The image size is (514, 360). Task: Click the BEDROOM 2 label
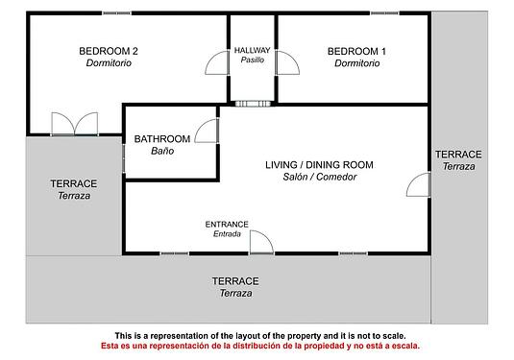(x=109, y=51)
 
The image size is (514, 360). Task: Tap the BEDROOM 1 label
(x=356, y=51)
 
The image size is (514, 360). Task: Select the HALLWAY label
(x=252, y=50)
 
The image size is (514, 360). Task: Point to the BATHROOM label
(x=162, y=139)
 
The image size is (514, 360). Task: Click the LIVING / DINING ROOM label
(x=319, y=165)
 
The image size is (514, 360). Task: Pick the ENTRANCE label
(x=227, y=225)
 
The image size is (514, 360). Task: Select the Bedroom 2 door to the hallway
(x=217, y=62)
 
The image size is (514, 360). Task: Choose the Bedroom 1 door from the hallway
(x=287, y=62)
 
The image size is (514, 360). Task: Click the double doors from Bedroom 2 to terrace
(x=75, y=124)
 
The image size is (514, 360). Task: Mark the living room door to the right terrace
(x=418, y=184)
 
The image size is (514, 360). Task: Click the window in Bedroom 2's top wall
(x=117, y=13)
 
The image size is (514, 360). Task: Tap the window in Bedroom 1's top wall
(x=385, y=13)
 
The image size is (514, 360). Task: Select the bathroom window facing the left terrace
(x=124, y=158)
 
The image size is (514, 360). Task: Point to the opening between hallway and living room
(x=253, y=104)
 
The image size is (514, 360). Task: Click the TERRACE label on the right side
(x=458, y=155)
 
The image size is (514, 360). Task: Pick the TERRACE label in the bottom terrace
(x=235, y=281)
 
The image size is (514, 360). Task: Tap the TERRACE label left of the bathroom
(x=74, y=183)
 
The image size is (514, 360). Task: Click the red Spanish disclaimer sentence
(x=260, y=346)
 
